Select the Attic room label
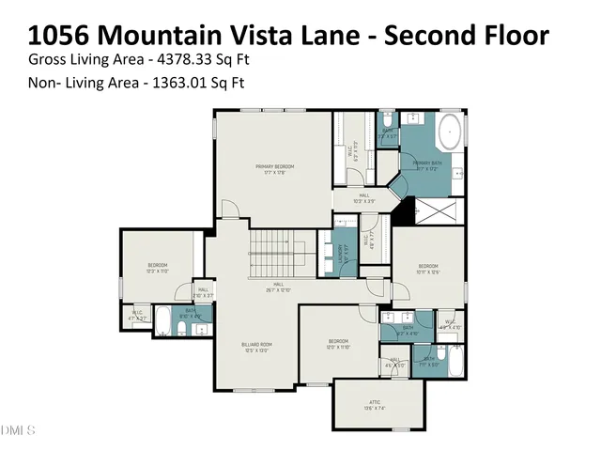[375, 404]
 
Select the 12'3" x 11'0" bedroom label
[157, 268]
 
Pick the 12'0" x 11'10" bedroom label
[338, 343]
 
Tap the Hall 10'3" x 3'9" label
[363, 198]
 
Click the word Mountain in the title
[160, 36]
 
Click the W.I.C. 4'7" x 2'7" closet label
[137, 315]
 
